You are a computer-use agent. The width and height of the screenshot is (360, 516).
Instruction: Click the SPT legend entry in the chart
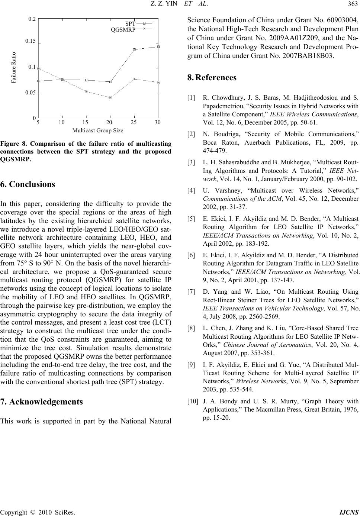tap(130, 23)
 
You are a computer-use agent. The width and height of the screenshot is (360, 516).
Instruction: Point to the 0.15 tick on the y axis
tap(30, 41)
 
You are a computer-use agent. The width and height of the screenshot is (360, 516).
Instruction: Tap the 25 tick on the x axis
tap(134, 122)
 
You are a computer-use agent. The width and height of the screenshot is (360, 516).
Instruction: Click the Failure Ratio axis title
tap(14, 68)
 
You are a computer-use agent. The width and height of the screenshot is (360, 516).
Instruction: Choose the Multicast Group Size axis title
tap(97, 130)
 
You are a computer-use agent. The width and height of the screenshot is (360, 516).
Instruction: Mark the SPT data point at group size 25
tap(134, 49)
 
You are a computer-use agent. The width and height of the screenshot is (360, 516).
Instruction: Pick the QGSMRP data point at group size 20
tap(110, 98)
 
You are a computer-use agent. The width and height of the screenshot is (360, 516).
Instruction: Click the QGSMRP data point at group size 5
tap(39, 68)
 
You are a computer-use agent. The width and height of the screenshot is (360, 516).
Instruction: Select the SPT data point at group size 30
tap(158, 46)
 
